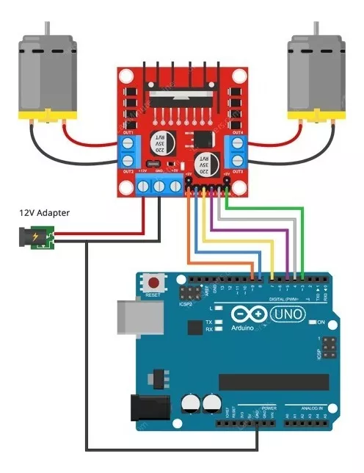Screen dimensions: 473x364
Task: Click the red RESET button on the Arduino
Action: click(153, 282)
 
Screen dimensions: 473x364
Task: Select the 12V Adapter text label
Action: click(45, 213)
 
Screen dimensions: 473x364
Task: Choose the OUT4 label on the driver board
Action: click(236, 132)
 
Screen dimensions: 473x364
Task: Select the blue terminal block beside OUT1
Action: click(130, 151)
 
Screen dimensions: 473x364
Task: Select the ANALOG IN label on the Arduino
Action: click(311, 408)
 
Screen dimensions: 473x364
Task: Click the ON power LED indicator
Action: click(311, 322)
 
